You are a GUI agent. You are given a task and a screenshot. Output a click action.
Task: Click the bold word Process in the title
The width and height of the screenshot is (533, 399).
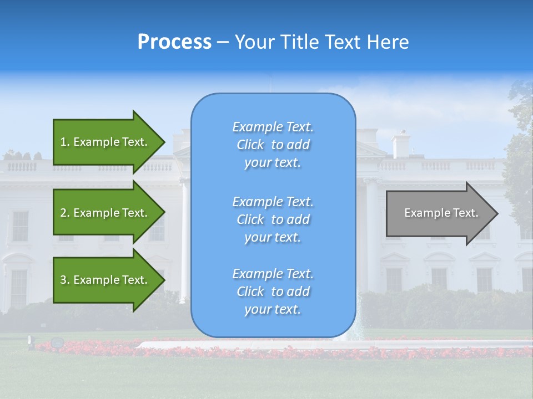pyautogui.click(x=174, y=42)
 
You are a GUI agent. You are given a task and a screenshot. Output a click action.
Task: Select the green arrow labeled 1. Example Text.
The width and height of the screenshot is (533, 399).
pyautogui.click(x=105, y=142)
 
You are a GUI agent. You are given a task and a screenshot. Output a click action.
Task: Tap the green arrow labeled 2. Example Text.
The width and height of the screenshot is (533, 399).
pyautogui.click(x=105, y=213)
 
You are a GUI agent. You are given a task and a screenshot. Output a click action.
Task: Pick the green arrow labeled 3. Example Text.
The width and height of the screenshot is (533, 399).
pyautogui.click(x=105, y=280)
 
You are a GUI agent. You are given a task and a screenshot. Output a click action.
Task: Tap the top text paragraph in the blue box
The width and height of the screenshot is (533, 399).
pyautogui.click(x=273, y=145)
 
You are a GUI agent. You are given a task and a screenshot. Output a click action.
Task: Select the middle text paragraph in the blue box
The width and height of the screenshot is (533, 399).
pyautogui.click(x=273, y=219)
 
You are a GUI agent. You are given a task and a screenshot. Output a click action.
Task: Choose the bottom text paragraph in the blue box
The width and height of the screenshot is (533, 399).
pyautogui.click(x=273, y=291)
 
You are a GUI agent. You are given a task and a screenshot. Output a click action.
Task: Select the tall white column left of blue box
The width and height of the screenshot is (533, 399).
pyautogui.click(x=184, y=238)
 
